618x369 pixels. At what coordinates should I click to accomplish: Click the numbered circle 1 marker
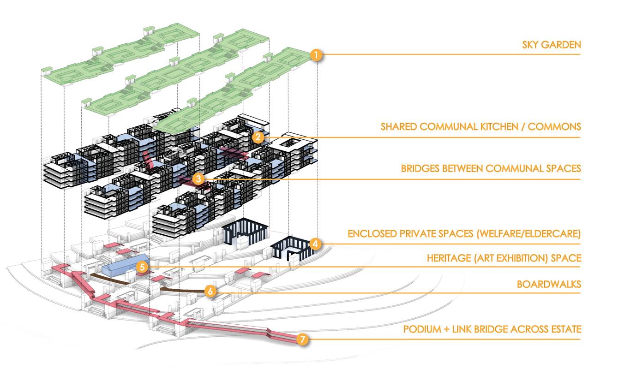[x=316, y=55]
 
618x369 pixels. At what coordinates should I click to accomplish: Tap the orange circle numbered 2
[x=258, y=137]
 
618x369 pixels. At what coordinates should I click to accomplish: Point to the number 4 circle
[x=315, y=244]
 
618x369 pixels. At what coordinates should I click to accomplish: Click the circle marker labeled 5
[x=143, y=267]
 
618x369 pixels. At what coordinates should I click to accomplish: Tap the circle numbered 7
[x=302, y=340]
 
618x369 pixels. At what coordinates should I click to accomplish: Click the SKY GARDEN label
[x=551, y=45]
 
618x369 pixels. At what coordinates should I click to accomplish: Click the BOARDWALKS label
[x=549, y=284]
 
